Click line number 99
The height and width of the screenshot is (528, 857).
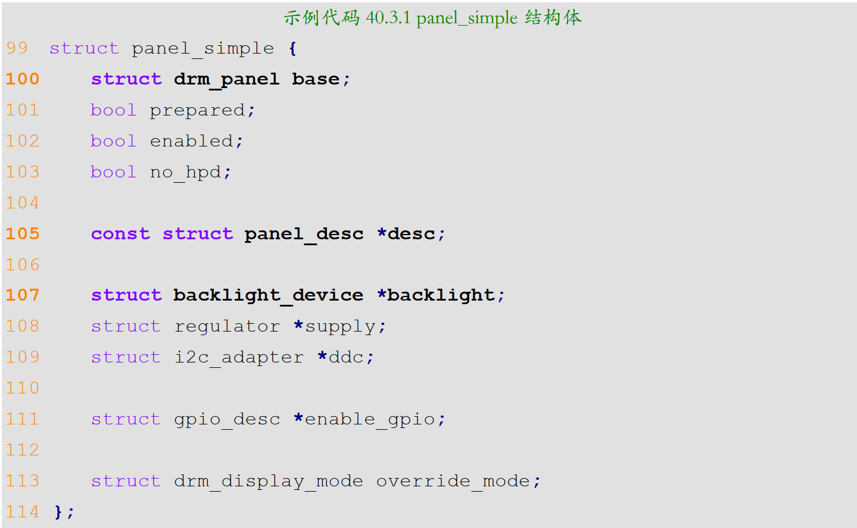(17, 48)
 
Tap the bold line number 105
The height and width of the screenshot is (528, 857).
(23, 234)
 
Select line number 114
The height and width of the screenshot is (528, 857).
(23, 512)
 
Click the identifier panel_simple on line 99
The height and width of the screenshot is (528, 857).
(202, 48)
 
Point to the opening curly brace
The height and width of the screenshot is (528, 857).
(292, 48)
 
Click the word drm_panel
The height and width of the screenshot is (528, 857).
(226, 79)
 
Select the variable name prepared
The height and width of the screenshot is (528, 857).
(197, 110)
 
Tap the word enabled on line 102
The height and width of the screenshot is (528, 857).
(191, 141)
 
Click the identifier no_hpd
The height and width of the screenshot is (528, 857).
(185, 172)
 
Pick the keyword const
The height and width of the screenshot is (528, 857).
(120, 234)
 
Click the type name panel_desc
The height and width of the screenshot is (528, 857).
(304, 234)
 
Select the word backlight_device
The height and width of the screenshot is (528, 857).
(268, 295)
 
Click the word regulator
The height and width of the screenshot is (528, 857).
(226, 326)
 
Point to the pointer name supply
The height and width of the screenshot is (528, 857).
(340, 326)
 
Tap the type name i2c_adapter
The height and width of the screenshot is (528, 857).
(238, 357)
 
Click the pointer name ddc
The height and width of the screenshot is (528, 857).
(346, 357)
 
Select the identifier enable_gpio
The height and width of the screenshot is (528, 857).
(369, 419)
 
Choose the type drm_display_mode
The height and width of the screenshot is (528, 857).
(268, 481)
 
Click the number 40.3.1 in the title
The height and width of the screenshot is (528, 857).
(388, 18)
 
